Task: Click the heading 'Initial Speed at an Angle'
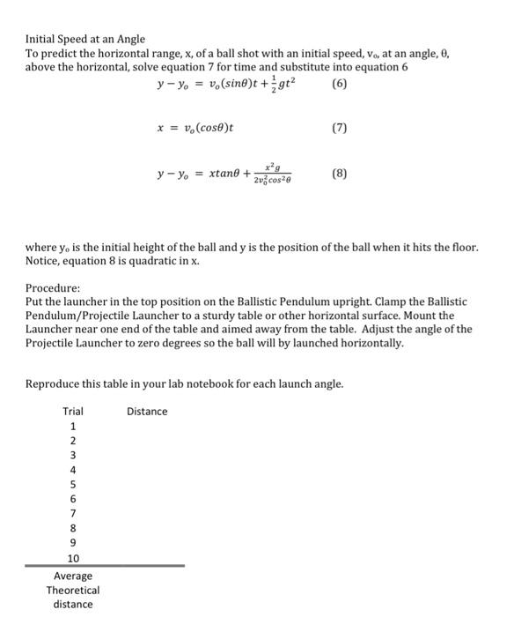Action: (x=84, y=40)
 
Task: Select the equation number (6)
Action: (x=340, y=85)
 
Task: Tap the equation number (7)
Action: (x=340, y=129)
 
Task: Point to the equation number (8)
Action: (x=340, y=174)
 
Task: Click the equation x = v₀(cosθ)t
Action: (x=195, y=129)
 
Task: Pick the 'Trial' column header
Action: (x=73, y=412)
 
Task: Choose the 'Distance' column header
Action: (x=147, y=412)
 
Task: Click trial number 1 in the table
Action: (x=73, y=427)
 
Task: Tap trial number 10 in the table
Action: (x=73, y=558)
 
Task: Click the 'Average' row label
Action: (x=73, y=576)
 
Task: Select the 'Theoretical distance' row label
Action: (x=73, y=597)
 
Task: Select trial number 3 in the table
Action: (x=73, y=456)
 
